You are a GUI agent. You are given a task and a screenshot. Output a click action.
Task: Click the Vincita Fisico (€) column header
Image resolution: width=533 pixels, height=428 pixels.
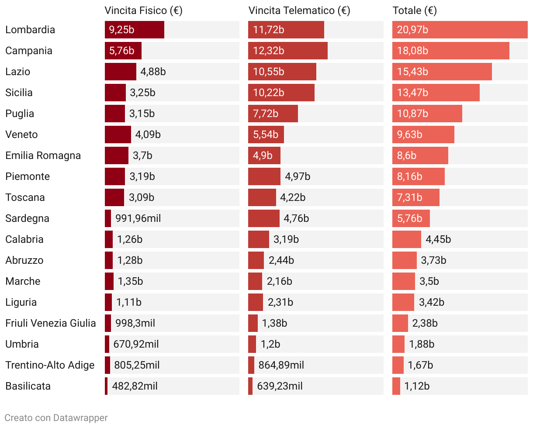[x=143, y=11]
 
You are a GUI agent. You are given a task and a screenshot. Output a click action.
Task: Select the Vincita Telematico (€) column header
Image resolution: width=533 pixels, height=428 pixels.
[x=299, y=11]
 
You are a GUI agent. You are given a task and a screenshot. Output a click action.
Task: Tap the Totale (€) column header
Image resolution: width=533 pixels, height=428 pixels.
[x=415, y=11]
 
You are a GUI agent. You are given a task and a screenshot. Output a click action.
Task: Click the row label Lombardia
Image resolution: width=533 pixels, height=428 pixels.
[x=30, y=30]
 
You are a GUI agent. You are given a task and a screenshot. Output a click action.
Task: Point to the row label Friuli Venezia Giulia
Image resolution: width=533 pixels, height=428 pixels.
[x=51, y=323]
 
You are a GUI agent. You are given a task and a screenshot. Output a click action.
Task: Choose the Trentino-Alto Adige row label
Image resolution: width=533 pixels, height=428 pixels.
[x=50, y=365]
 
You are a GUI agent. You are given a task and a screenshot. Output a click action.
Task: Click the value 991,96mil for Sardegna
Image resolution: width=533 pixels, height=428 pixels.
[x=138, y=218]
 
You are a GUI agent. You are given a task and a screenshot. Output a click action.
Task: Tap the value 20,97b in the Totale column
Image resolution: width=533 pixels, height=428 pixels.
[x=412, y=30]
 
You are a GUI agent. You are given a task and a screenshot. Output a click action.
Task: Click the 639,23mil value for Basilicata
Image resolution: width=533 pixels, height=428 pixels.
[x=280, y=386]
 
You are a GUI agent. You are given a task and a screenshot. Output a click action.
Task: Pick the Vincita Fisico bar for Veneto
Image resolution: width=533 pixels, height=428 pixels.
[x=118, y=135]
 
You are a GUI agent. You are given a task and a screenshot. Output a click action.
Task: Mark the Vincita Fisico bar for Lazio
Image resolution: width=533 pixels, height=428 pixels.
[x=120, y=72]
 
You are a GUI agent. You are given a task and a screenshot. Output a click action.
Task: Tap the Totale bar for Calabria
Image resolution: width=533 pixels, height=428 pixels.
[x=406, y=239]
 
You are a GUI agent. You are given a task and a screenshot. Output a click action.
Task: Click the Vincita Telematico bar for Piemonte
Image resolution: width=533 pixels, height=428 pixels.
[x=264, y=176]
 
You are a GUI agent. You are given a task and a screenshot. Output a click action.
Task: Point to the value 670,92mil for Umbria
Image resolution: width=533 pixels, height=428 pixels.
[x=136, y=344]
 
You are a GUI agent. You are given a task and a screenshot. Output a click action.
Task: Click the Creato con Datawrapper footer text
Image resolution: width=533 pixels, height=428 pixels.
[x=56, y=418]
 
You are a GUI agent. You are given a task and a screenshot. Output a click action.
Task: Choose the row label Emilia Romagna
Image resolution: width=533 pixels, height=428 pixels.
[x=43, y=155]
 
